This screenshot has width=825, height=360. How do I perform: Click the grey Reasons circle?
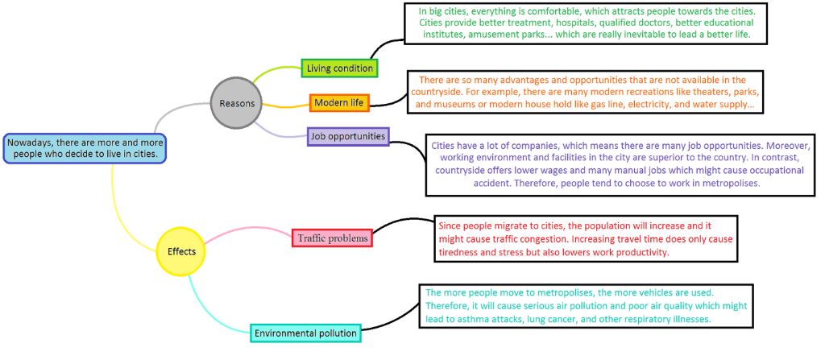tap(237, 102)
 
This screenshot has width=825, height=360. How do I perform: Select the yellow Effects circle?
tap(181, 251)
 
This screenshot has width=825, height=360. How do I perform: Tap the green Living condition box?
tap(340, 68)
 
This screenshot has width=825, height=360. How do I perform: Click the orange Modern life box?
tap(339, 103)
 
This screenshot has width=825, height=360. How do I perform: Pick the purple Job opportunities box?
tap(348, 136)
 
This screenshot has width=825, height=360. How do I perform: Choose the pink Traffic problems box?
tap(332, 238)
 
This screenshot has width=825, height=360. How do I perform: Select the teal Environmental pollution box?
tap(305, 332)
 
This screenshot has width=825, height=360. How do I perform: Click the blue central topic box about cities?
tap(85, 148)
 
